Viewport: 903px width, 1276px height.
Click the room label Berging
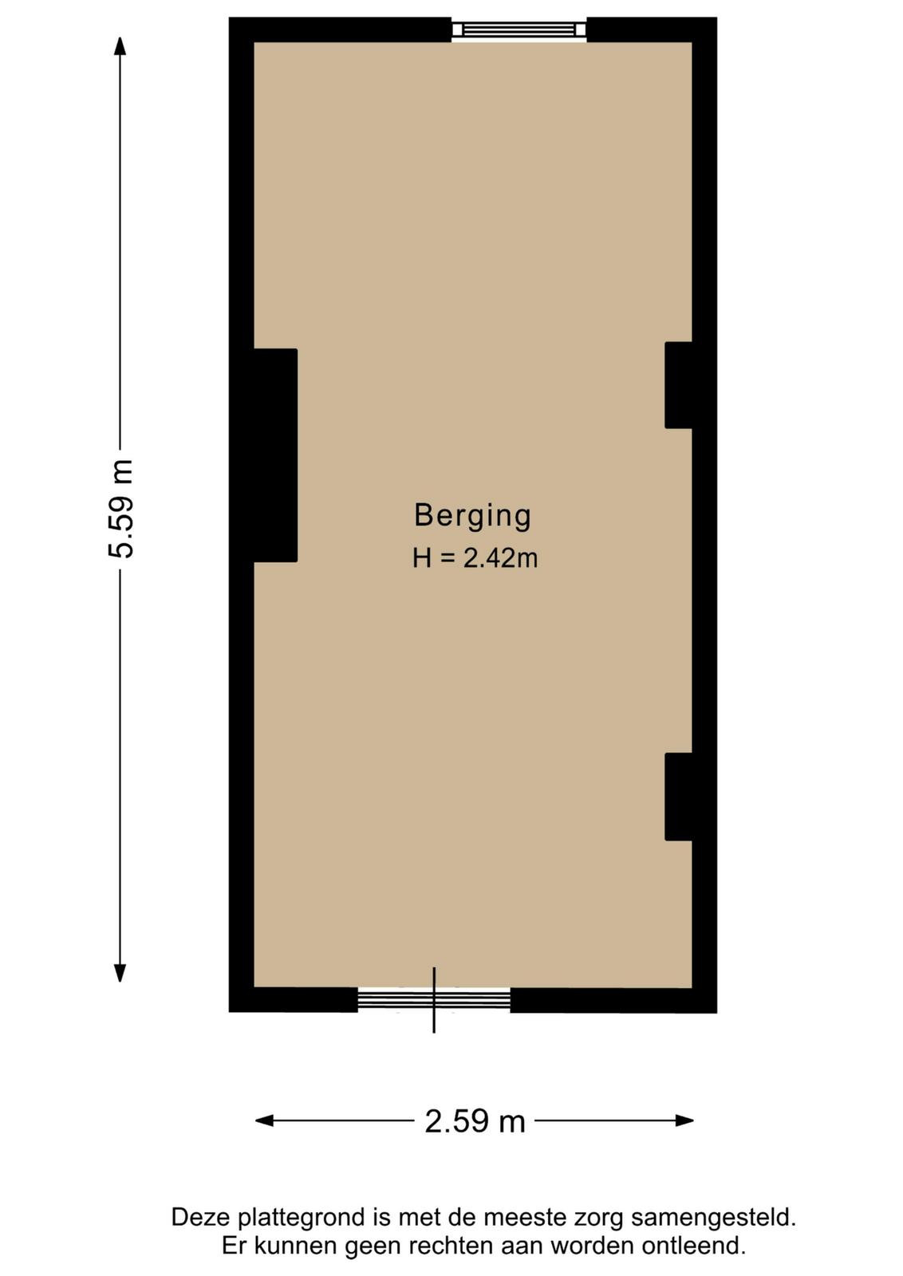472,516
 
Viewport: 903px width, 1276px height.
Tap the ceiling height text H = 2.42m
475,558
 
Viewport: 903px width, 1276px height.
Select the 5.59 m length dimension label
122,509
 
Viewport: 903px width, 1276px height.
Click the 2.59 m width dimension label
475,1121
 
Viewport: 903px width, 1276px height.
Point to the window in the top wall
519,30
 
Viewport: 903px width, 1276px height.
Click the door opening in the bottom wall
433,999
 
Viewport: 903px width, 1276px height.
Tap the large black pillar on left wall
275,455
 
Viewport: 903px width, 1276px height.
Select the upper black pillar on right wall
679,385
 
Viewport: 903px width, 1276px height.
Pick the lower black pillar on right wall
679,797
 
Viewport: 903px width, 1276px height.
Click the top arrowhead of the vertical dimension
120,45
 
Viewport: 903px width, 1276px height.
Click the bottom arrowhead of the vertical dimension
120,973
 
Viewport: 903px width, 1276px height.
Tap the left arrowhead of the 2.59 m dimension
264,1120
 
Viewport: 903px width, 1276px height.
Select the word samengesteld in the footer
713,1218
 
